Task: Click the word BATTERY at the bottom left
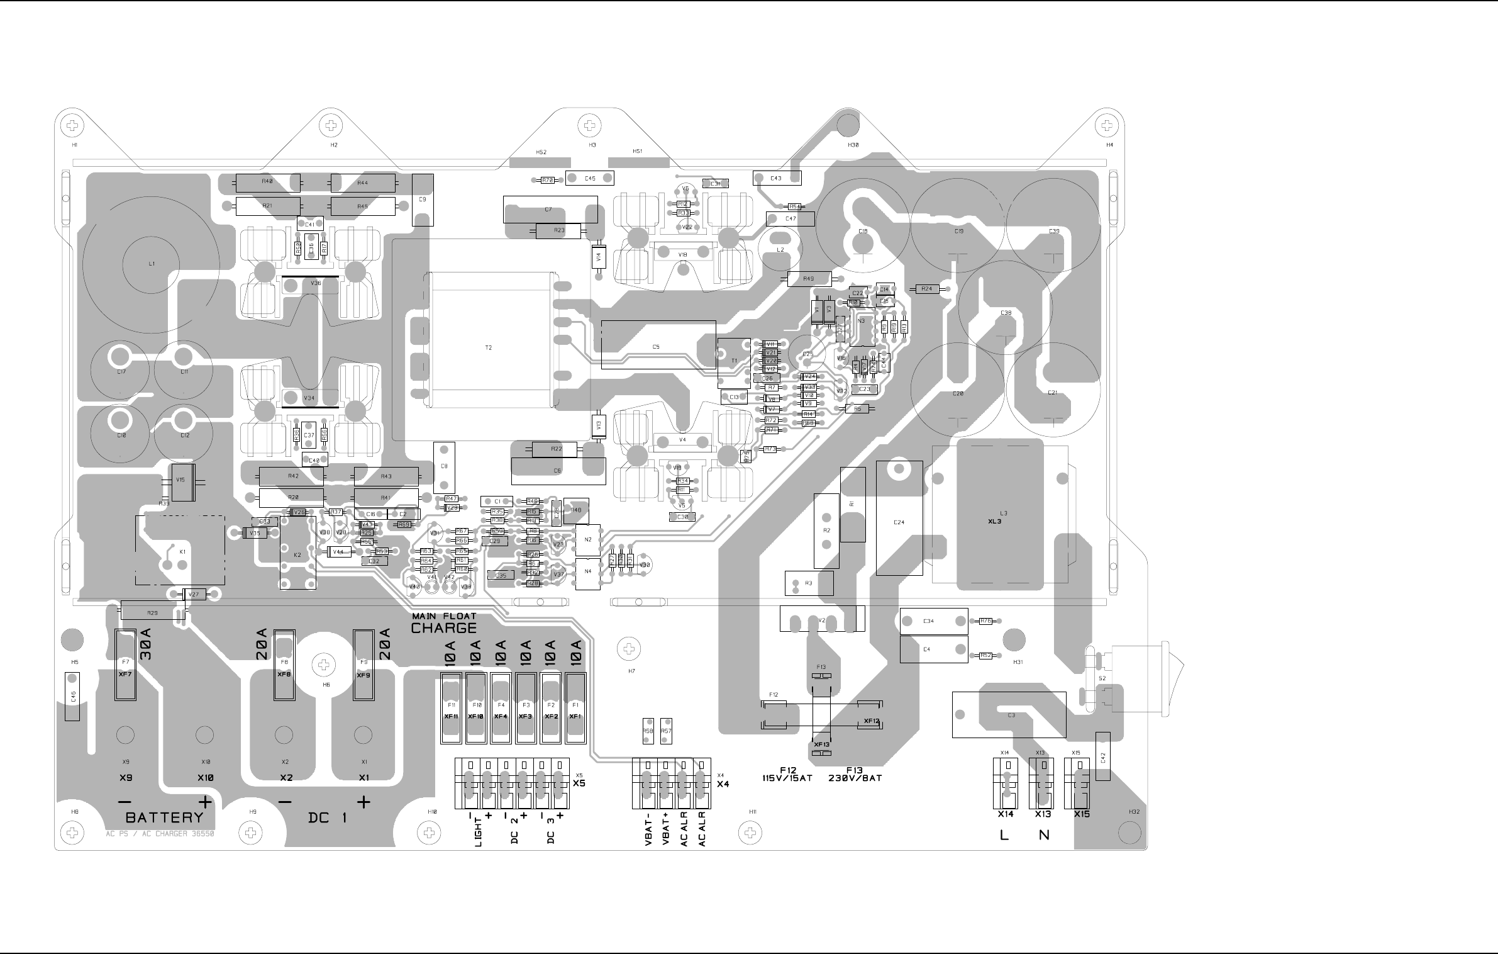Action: click(165, 817)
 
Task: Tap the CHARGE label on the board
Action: click(444, 628)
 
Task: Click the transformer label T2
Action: click(489, 347)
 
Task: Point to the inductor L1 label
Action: click(152, 264)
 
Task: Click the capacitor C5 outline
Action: click(658, 345)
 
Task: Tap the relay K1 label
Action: click(182, 551)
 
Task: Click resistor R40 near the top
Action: click(268, 182)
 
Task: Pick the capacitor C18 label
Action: click(863, 232)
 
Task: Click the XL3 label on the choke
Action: click(994, 521)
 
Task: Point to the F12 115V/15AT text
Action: click(787, 774)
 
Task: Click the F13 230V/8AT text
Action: click(855, 774)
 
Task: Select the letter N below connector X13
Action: click(1044, 836)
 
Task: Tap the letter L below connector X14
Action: click(1004, 836)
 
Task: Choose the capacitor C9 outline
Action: click(423, 200)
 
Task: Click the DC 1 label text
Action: click(328, 818)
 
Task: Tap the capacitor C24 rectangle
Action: click(899, 518)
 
